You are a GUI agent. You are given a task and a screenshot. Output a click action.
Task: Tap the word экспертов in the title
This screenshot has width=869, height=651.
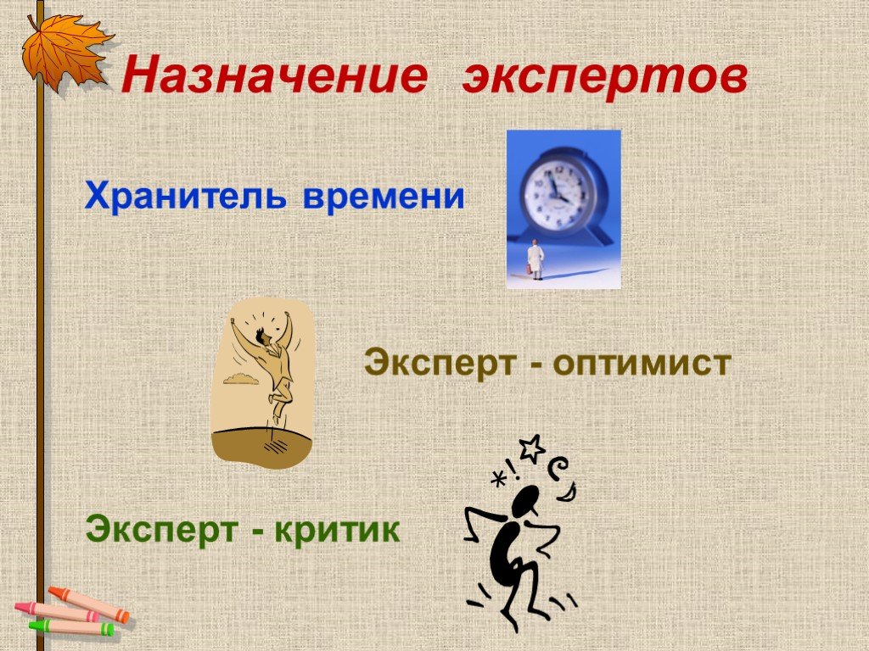(x=605, y=77)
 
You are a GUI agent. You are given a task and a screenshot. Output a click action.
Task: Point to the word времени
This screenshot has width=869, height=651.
(x=384, y=197)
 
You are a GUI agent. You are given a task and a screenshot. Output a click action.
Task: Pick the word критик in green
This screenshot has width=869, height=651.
(x=337, y=529)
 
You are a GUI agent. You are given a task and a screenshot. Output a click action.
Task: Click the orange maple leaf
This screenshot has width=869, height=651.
(x=65, y=50)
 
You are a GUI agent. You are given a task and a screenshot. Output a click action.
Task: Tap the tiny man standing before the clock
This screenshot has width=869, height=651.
(x=535, y=259)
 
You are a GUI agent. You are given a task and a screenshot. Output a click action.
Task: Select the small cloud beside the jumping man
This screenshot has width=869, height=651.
(x=241, y=379)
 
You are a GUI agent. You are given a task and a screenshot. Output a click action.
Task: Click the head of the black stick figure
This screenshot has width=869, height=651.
(x=525, y=501)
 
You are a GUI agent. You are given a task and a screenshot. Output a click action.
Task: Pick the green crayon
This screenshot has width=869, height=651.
(x=71, y=626)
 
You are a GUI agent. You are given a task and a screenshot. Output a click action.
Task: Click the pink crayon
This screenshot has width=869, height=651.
(x=57, y=611)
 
